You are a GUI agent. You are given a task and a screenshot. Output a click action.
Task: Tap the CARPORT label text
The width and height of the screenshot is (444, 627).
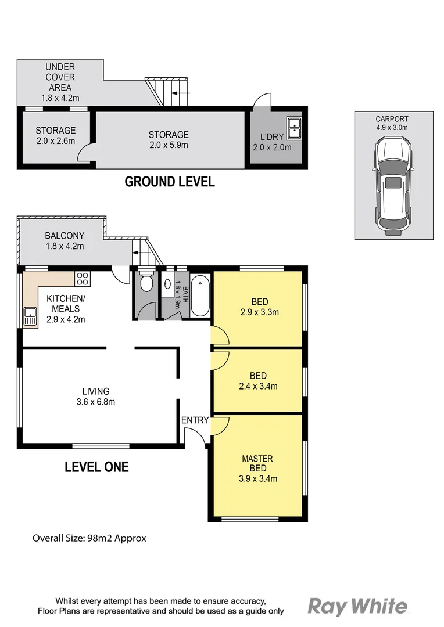[392, 119]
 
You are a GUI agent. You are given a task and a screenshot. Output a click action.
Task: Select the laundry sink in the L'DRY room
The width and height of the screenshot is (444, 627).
[293, 128]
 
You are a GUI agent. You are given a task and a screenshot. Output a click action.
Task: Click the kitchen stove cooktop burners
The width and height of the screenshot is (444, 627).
[83, 278]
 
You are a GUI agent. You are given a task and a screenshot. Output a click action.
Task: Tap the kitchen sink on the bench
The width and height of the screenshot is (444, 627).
[30, 316]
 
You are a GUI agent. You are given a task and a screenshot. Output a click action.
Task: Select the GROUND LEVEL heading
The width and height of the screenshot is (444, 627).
[170, 182]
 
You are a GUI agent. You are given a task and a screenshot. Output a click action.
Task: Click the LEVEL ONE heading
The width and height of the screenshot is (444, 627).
[96, 467]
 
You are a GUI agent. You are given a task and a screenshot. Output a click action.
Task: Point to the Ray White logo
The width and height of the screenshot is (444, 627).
[357, 607]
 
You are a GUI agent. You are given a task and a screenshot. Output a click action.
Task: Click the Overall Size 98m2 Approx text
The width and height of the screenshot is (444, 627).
[89, 538]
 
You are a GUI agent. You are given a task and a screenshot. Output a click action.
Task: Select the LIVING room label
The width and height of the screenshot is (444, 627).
[95, 391]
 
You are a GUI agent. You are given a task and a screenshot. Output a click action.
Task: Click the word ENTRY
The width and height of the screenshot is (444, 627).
[195, 420]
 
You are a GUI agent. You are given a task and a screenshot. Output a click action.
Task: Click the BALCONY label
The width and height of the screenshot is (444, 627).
[65, 236]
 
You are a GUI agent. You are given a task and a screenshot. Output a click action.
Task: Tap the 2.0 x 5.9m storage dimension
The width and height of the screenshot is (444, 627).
[169, 145]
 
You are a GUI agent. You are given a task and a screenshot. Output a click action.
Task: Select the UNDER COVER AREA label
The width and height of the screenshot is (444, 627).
[60, 77]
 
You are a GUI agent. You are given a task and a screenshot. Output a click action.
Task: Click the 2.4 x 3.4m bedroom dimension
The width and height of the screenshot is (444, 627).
[259, 386]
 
